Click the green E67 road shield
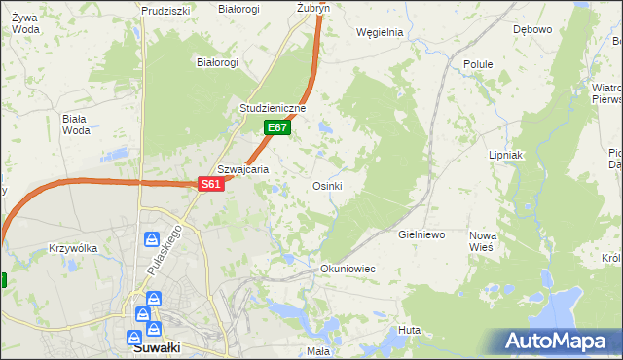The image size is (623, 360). tap(277, 127)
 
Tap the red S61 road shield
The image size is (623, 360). tap(212, 184)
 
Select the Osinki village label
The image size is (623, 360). tap(326, 186)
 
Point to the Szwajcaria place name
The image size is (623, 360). tap(242, 168)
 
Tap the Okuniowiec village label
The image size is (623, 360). tap(348, 268)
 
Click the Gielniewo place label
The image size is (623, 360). tap(421, 235)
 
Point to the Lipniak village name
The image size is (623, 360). tap(506, 155)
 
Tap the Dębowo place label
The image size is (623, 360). tap(532, 29)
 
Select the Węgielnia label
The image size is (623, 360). tap(380, 32)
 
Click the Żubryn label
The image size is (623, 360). tap(313, 7)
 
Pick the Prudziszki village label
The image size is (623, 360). tap(164, 11)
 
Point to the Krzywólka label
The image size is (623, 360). tap(73, 248)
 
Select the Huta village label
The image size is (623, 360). tap(409, 331)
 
